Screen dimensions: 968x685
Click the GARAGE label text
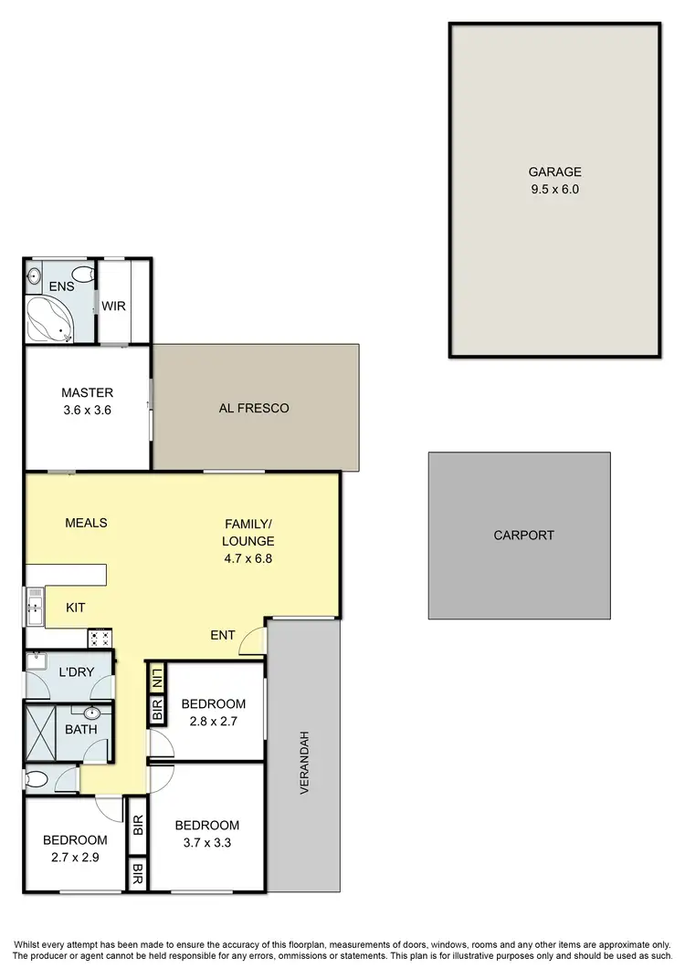click(x=554, y=172)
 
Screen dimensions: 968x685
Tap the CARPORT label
click(x=523, y=536)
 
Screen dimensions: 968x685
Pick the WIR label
click(x=114, y=306)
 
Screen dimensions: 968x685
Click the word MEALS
click(x=86, y=523)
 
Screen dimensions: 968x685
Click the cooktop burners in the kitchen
click(x=100, y=638)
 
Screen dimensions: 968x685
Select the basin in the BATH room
click(x=92, y=714)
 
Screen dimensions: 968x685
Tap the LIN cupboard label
click(x=156, y=678)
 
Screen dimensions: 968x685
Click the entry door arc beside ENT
click(x=251, y=642)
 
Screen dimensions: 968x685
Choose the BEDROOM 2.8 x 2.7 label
click(x=213, y=712)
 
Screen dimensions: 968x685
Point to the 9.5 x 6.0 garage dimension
click(x=554, y=190)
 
